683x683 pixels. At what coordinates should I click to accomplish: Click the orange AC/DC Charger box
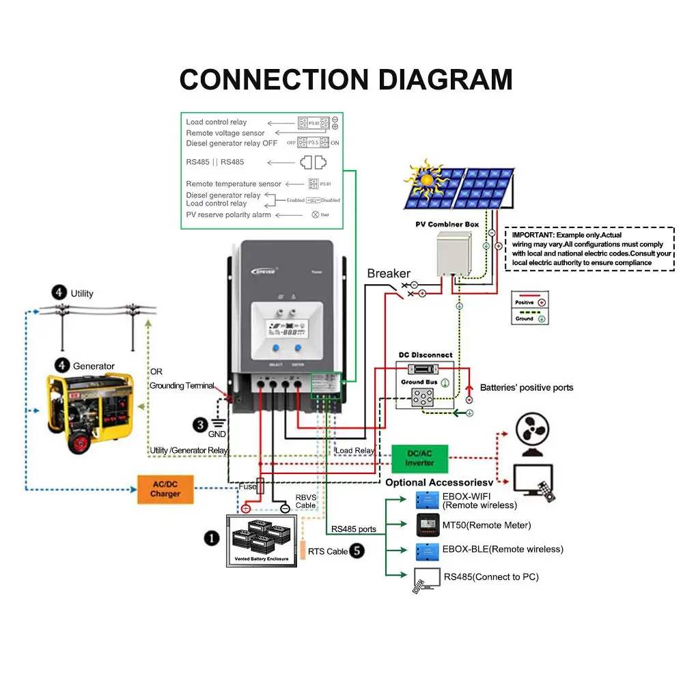[x=165, y=488]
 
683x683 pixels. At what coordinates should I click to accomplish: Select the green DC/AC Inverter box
[x=419, y=458]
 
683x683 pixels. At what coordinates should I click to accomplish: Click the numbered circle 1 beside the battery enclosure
[x=212, y=538]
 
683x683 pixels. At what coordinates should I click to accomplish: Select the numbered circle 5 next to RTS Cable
[x=357, y=550]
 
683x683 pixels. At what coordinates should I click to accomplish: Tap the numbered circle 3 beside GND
[x=199, y=425]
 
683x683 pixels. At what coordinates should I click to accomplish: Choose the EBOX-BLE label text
[x=503, y=549]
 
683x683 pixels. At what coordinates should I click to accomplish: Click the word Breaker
[x=389, y=273]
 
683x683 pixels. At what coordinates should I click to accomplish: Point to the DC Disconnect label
[x=426, y=355]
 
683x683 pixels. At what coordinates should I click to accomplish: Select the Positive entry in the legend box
[x=530, y=302]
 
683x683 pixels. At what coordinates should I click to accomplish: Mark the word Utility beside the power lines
[x=82, y=294]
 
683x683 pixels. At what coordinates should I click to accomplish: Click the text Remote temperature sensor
[x=234, y=184]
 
